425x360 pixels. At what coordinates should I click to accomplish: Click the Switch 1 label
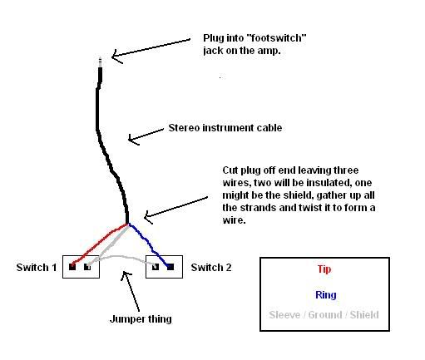[x=37, y=268]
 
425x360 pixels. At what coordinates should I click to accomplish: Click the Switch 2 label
[x=211, y=268]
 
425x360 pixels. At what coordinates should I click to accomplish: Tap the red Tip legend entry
[x=324, y=269]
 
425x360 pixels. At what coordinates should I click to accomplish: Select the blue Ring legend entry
[x=326, y=295]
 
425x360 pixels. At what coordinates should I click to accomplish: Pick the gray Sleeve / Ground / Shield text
[x=324, y=315]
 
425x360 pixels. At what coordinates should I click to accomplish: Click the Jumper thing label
[x=141, y=319]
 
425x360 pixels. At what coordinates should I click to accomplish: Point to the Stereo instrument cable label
[x=225, y=128]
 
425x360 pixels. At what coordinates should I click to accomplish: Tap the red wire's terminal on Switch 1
[x=72, y=267]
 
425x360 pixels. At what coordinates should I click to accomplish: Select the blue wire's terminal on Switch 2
[x=170, y=267]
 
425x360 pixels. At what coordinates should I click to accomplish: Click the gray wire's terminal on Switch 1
[x=87, y=267]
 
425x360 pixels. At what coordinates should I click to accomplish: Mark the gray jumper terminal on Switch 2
[x=156, y=267]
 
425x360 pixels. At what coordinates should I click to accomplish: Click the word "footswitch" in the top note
[x=276, y=38]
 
